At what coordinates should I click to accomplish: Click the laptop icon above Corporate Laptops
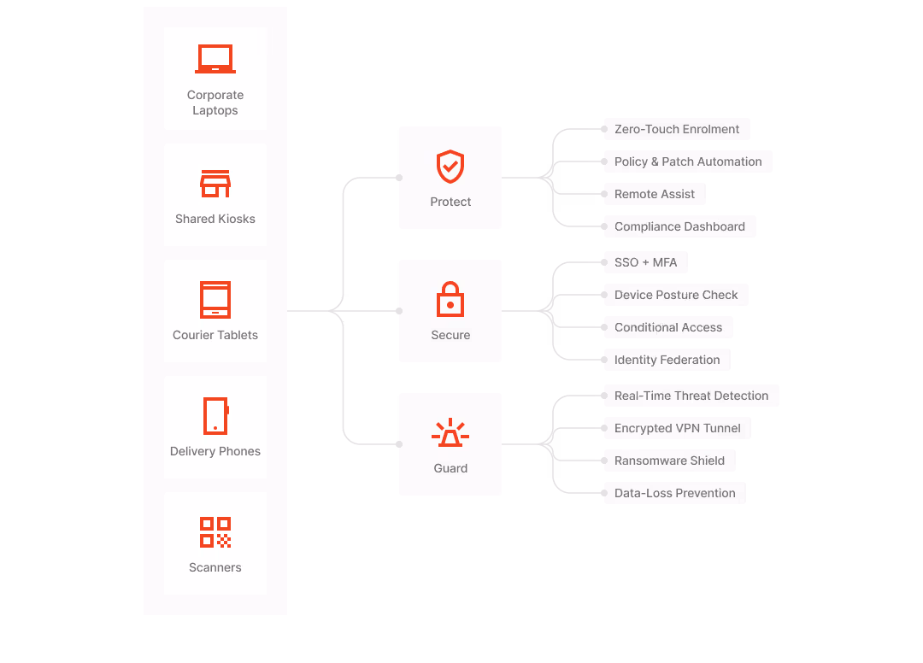click(215, 59)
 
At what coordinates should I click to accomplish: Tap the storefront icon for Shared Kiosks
click(215, 183)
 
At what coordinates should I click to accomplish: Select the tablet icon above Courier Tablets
click(215, 300)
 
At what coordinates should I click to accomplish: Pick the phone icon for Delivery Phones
click(215, 416)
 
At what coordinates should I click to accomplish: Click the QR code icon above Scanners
click(215, 532)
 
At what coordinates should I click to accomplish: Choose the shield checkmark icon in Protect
click(450, 167)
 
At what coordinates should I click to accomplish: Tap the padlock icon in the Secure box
click(450, 300)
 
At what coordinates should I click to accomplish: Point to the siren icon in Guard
click(450, 433)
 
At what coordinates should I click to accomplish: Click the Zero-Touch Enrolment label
click(677, 129)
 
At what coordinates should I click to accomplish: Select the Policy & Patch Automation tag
click(688, 161)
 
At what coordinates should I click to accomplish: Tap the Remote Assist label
click(655, 194)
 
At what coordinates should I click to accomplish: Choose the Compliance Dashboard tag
click(679, 226)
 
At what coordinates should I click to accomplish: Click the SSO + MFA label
click(645, 262)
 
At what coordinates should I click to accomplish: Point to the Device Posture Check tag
click(676, 295)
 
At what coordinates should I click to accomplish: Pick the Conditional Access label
click(668, 327)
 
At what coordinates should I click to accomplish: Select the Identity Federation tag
click(667, 360)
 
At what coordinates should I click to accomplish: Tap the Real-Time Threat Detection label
click(691, 396)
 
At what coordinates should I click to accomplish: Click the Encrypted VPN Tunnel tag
click(677, 428)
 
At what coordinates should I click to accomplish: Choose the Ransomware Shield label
click(669, 461)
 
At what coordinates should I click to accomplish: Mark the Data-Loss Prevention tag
click(674, 493)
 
